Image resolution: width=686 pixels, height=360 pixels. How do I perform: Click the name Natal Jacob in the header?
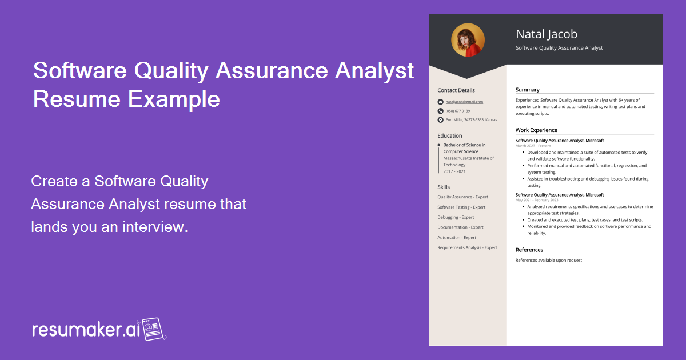point(546,34)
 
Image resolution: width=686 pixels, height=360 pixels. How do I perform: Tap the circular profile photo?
point(468,40)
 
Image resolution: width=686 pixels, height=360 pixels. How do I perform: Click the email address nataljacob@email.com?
point(464,102)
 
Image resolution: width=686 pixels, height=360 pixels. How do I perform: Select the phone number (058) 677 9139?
point(458,111)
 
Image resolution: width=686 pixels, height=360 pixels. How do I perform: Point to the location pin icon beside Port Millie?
point(440,120)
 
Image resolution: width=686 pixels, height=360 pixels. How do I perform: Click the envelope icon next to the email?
point(440,102)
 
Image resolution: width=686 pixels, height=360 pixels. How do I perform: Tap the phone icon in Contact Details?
point(440,111)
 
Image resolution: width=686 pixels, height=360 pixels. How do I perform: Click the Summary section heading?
point(527,90)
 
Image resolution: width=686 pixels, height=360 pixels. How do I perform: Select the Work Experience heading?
point(536,130)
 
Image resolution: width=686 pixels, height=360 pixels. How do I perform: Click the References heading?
point(529,250)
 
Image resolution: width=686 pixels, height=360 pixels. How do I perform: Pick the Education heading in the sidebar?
point(450,136)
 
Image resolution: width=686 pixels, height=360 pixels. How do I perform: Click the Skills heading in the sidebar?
point(444,187)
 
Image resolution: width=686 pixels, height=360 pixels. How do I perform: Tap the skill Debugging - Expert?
point(456,217)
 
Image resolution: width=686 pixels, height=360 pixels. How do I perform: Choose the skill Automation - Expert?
point(457,237)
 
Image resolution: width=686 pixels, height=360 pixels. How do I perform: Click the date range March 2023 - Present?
point(533,146)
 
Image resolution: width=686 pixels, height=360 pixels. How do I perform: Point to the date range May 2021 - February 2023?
point(537,200)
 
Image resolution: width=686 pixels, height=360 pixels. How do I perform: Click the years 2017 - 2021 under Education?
point(454,171)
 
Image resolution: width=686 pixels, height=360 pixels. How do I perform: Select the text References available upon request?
point(548,260)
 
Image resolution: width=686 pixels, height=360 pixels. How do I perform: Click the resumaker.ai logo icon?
point(153,329)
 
